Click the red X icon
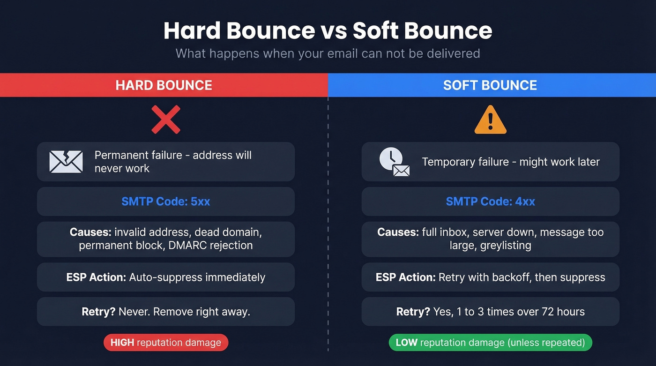click(x=166, y=120)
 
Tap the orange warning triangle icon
click(x=490, y=120)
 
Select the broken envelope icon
click(x=66, y=162)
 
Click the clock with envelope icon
click(x=394, y=162)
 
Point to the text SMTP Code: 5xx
click(x=166, y=202)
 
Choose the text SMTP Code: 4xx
click(x=490, y=202)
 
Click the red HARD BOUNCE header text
click(x=164, y=85)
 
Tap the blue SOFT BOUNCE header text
click(x=490, y=85)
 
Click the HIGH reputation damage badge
click(x=166, y=343)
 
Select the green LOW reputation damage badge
click(x=490, y=343)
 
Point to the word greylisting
click(x=506, y=245)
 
